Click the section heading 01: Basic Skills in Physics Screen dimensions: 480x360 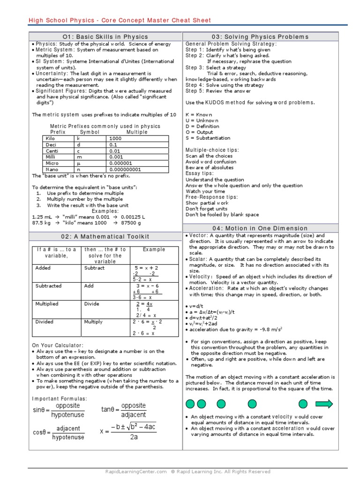pyautogui.click(x=105, y=37)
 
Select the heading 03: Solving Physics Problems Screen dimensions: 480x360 pyautogui.click(x=260, y=37)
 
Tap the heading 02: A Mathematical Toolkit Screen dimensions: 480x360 pyautogui.click(x=105, y=236)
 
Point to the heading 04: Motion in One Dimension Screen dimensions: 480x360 pyautogui.click(x=260, y=228)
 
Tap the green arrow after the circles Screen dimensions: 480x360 pyautogui.click(x=324, y=404)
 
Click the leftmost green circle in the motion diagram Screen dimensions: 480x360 pyautogui.click(x=190, y=404)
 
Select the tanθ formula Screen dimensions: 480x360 pyautogui.click(x=124, y=410)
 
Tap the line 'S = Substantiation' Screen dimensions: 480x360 pyautogui.click(x=208, y=138)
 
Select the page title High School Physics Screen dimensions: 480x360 pyautogui.click(x=120, y=20)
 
